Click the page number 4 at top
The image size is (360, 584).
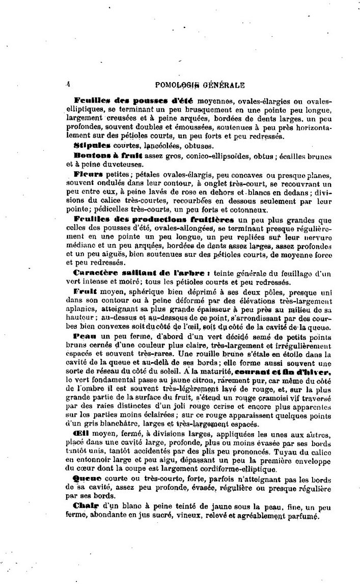point(68,84)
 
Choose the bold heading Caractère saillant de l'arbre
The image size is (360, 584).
point(138,274)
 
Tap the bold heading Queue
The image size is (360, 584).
point(88,479)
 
